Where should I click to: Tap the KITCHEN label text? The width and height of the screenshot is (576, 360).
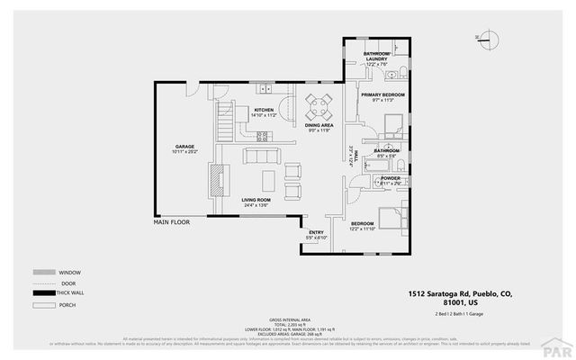click(x=264, y=111)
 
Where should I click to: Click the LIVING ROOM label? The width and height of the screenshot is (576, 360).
click(x=256, y=201)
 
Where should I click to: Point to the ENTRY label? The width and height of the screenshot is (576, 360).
click(x=316, y=233)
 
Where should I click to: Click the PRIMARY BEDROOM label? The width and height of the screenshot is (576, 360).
click(x=383, y=94)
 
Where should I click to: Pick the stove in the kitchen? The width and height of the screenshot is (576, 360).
click(x=265, y=137)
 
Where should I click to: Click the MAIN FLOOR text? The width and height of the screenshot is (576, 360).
click(x=172, y=220)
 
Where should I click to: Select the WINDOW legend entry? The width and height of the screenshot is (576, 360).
click(x=70, y=272)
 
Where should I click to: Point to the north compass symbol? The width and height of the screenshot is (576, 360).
click(x=490, y=39)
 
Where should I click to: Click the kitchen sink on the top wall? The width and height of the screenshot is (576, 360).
click(x=265, y=88)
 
